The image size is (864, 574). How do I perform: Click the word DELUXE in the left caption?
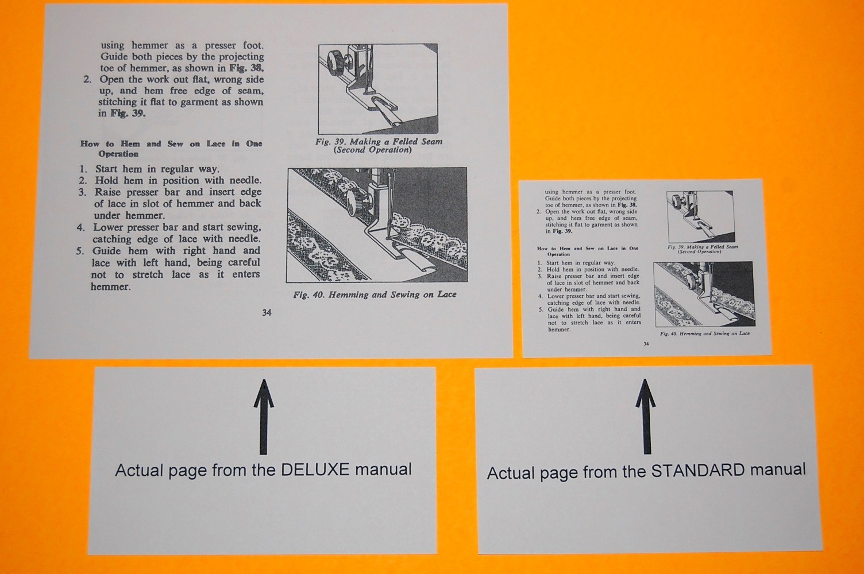pos(315,470)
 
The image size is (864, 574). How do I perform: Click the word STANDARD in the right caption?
pos(696,471)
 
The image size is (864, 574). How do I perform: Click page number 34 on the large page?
pos(267,313)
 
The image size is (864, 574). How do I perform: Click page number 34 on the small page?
pos(646,344)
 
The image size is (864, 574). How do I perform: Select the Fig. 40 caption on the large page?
pos(375,295)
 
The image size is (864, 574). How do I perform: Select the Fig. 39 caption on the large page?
pos(379,145)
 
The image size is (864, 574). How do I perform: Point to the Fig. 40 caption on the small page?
pos(705,333)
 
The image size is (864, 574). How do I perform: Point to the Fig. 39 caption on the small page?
pos(702,249)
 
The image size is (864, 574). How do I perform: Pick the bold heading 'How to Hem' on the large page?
pos(171,149)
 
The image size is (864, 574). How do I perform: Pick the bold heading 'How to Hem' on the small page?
pos(587,251)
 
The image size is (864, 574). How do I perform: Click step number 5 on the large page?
pos(80,251)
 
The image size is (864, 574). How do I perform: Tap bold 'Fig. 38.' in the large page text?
pos(246,68)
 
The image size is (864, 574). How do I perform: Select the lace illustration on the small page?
pos(703,294)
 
